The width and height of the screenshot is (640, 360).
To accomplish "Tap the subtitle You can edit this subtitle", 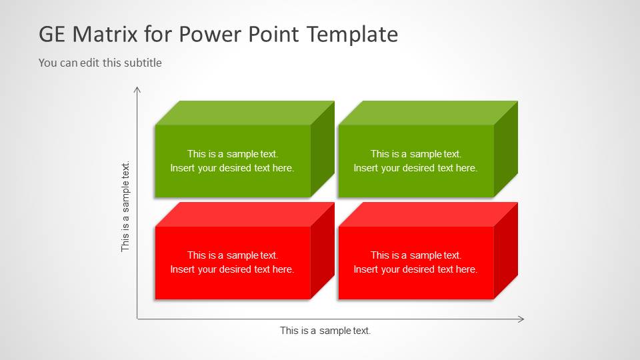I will (x=100, y=63).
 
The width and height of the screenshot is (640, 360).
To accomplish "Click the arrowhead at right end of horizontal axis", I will (x=521, y=319).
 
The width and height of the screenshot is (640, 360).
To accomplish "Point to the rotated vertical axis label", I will (x=125, y=207).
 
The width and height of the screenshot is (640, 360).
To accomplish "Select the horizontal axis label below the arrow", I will (x=325, y=331).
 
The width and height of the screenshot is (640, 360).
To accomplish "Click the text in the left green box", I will (x=232, y=161).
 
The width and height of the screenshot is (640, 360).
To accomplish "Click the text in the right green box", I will (x=415, y=161).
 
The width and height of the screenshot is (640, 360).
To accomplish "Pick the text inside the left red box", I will (x=232, y=262).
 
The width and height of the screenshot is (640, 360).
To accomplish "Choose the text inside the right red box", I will (x=415, y=262).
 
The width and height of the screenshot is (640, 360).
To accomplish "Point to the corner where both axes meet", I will (x=137, y=319).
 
